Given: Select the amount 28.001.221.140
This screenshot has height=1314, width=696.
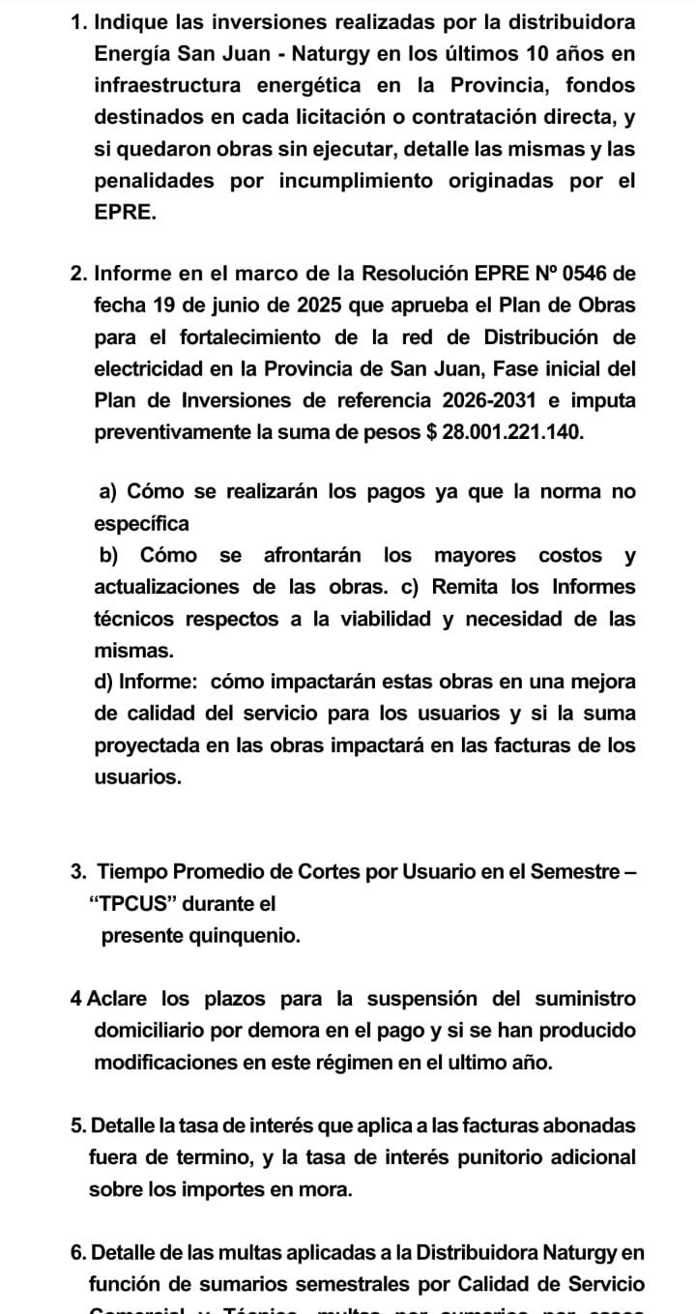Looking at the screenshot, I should click(x=513, y=431).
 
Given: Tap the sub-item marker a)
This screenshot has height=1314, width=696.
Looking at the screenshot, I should click(x=109, y=491).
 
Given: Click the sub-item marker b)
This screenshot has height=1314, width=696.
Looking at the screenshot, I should click(x=109, y=555).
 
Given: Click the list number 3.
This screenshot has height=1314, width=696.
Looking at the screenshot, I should click(x=77, y=872).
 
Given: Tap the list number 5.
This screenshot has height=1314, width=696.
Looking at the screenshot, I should click(x=77, y=1125).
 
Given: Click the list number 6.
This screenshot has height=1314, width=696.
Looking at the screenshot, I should click(x=77, y=1253).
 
